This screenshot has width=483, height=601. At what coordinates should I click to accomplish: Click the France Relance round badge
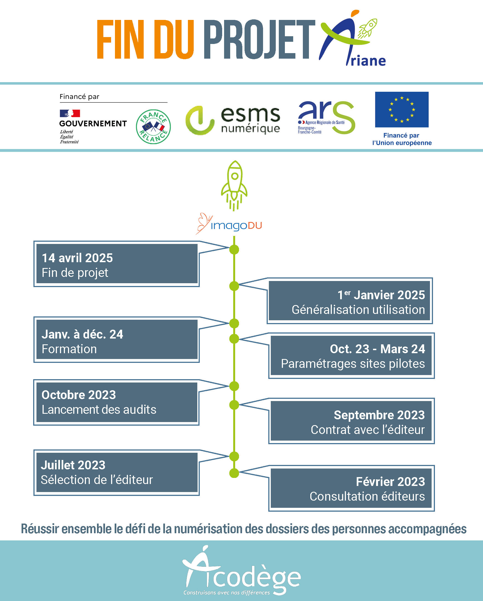click(x=153, y=127)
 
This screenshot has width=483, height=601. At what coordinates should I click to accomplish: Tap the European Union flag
click(x=402, y=110)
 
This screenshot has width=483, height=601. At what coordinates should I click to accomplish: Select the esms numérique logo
click(x=233, y=120)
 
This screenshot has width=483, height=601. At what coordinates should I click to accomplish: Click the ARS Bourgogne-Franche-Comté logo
click(x=326, y=117)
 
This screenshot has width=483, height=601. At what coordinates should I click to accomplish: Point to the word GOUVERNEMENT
click(x=93, y=123)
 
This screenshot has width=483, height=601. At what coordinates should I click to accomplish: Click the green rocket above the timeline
click(x=234, y=186)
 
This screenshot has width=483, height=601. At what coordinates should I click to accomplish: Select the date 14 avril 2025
click(x=77, y=258)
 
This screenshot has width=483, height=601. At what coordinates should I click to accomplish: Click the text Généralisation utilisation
click(x=358, y=310)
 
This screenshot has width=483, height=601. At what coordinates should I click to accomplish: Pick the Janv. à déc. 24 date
click(x=82, y=334)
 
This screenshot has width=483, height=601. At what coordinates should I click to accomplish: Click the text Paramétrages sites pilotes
click(x=353, y=364)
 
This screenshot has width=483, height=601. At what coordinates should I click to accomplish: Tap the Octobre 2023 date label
click(x=79, y=395)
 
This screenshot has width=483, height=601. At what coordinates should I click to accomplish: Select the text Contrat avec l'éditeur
click(x=368, y=430)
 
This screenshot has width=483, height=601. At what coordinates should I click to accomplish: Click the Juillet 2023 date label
click(x=73, y=465)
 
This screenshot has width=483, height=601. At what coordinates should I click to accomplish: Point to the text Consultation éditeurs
click(x=368, y=496)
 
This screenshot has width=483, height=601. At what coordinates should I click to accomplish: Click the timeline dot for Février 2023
click(x=234, y=473)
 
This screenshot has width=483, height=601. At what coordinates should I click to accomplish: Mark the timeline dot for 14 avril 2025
click(x=234, y=249)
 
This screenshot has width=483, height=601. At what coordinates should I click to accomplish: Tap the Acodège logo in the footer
click(x=242, y=570)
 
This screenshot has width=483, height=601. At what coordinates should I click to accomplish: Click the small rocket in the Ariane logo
click(x=368, y=28)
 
